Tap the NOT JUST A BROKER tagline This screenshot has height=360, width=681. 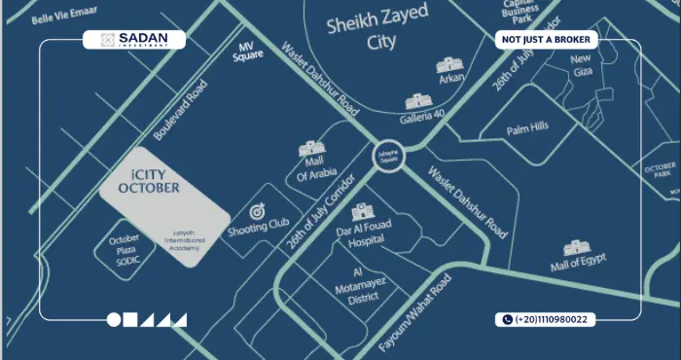pos(544,40)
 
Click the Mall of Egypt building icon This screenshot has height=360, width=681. pos(577,247)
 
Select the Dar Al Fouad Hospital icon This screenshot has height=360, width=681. pos(362,212)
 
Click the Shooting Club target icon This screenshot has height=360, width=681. pos(258,211)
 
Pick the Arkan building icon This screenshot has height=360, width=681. pos(448,65)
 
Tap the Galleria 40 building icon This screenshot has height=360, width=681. pos(417,100)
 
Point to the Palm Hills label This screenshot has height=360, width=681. pos(526,127)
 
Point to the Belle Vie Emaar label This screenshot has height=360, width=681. pos(63,17)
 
